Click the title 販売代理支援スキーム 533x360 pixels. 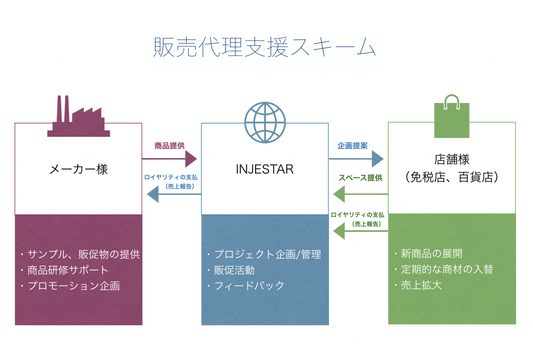click(264, 47)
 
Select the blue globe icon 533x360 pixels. click(265, 122)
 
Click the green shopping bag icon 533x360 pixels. click(452, 116)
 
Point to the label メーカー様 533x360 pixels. click(79, 169)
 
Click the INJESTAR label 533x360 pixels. click(265, 169)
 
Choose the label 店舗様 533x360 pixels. click(452, 159)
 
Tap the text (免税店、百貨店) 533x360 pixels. click(452, 177)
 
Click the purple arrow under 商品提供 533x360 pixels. click(169, 159)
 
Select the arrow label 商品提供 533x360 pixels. click(169, 146)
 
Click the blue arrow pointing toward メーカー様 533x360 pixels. click(174, 194)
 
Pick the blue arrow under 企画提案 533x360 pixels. click(356, 159)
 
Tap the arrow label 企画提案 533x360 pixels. click(352, 146)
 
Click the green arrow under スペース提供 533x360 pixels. click(361, 194)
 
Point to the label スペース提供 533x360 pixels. click(360, 177)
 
